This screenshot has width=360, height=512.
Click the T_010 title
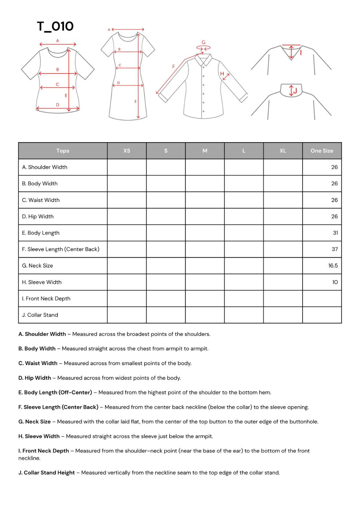55,26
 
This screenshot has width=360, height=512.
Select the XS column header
127,151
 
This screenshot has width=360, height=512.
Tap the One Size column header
322,151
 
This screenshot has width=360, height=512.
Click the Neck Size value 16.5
333,266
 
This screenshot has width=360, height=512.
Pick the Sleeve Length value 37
334,249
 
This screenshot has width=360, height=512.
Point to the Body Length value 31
335,233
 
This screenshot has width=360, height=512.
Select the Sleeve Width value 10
335,282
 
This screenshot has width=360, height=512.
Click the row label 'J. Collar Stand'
40,315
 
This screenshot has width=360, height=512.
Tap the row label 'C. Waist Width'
41,200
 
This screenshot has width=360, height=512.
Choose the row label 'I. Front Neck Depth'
46,299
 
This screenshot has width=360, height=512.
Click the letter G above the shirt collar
204,43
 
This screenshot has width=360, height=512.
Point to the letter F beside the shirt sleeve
174,66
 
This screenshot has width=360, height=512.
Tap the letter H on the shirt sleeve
222,74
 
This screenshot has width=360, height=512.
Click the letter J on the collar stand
295,91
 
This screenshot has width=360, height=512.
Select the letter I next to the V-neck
301,53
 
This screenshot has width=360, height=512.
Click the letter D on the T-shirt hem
57,105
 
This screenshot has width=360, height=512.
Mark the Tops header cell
63,151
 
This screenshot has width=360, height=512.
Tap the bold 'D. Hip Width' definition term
35,378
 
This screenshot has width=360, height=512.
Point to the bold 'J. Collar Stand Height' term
46,473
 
